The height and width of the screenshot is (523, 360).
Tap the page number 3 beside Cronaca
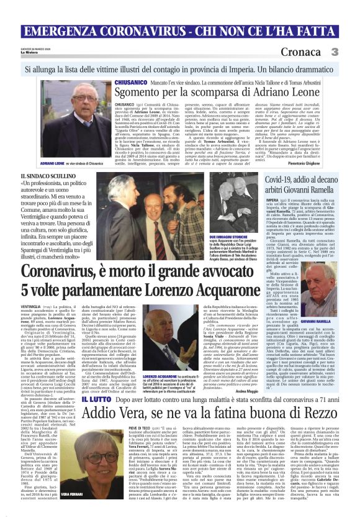tap(351, 52)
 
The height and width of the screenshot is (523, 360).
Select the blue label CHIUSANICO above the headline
tap(128, 82)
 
